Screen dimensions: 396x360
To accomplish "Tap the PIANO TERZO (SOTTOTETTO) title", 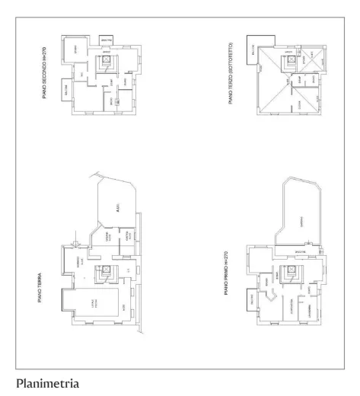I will point(229,75).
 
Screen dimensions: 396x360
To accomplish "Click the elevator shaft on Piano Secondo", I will point(110,59).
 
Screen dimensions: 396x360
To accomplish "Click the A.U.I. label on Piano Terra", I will point(116,206).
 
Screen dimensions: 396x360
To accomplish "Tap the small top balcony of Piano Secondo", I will point(106,39).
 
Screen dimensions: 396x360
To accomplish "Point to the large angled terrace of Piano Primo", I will point(301,217).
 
